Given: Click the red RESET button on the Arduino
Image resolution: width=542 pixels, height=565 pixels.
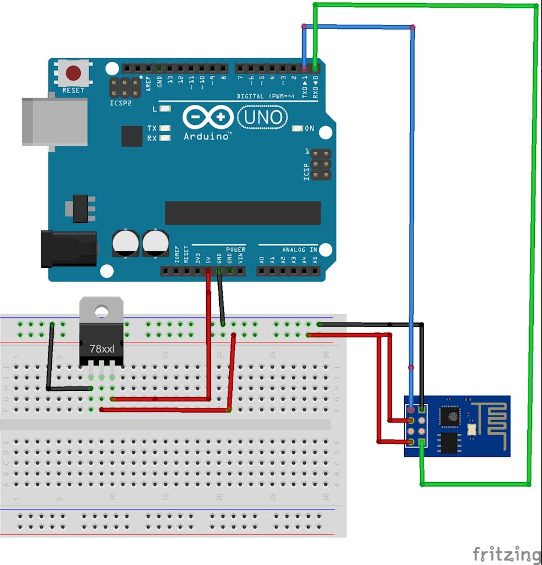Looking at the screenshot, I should [x=73, y=73].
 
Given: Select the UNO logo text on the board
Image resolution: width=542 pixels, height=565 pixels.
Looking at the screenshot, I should [x=262, y=118].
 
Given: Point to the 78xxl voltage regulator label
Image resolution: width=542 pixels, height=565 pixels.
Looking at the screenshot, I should [x=102, y=348].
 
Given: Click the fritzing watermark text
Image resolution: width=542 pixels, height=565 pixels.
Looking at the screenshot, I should [x=505, y=554].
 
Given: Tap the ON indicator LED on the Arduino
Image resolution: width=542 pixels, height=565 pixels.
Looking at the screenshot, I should [x=297, y=128].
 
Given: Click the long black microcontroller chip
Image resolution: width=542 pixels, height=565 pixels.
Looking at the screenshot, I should [x=243, y=213].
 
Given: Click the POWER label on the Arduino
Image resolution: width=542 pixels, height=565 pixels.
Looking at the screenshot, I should [x=236, y=250].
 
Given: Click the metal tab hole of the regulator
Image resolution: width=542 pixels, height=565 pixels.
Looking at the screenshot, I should [x=101, y=310].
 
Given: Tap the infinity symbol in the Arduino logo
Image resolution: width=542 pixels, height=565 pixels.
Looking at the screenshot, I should [x=208, y=117].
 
